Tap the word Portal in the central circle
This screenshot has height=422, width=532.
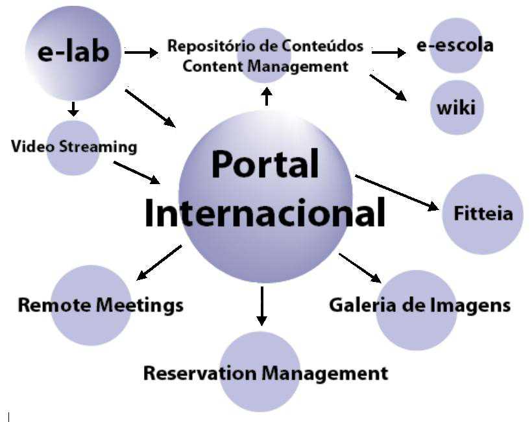click(265, 165)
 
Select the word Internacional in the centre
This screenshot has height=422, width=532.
click(265, 213)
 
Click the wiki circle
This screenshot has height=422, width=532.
click(456, 107)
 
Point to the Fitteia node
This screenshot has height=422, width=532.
click(482, 214)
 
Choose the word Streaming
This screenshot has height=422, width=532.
click(98, 146)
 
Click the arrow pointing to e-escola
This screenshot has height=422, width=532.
click(389, 52)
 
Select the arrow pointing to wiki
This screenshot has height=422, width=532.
click(388, 88)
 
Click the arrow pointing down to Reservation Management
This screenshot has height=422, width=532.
click(261, 306)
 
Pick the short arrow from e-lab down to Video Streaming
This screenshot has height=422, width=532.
click(73, 108)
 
